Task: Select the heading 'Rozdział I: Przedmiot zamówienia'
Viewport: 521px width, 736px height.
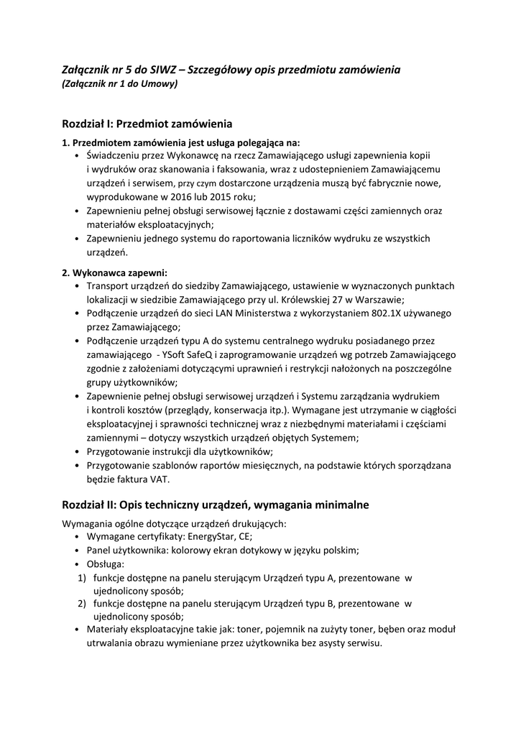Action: [x=147, y=124]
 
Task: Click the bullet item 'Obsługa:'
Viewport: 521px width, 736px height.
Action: [x=105, y=563]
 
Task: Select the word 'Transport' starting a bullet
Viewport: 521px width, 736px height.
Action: [x=107, y=285]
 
